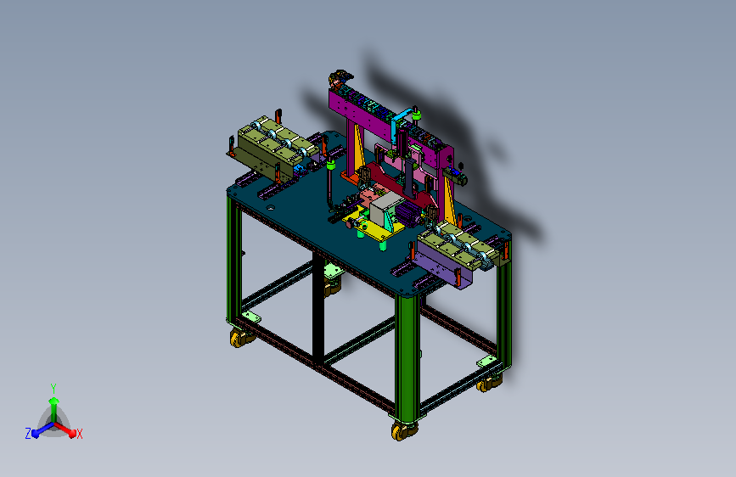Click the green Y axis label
tap(53, 388)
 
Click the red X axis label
tap(79, 434)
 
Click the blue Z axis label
tap(28, 434)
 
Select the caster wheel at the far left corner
tap(241, 338)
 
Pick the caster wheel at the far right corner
tap(489, 384)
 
